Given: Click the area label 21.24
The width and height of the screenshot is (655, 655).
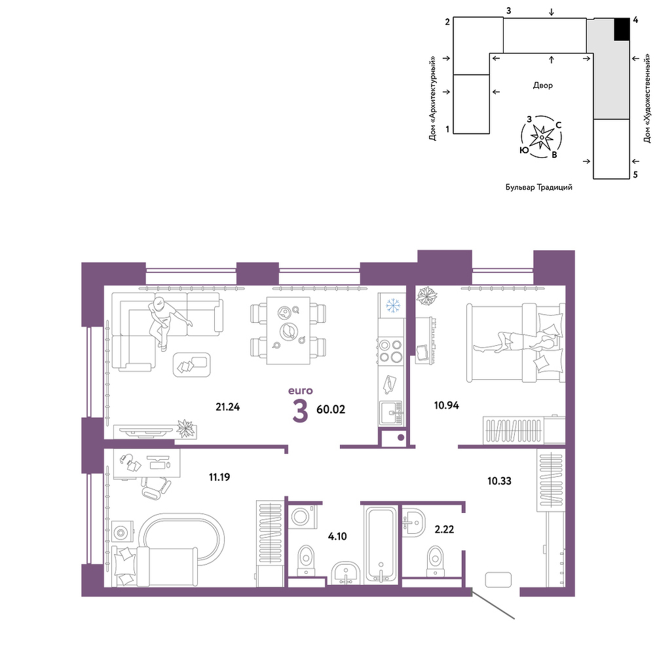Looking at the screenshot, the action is click(228, 407).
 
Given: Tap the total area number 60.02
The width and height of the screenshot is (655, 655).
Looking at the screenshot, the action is click(331, 409).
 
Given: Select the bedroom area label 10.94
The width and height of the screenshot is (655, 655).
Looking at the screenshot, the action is click(447, 405).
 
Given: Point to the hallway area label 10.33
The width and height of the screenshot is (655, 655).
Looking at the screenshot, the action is click(499, 481).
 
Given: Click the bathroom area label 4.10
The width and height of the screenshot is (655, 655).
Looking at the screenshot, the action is click(337, 536).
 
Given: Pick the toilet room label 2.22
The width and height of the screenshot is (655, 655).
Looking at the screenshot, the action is click(444, 529).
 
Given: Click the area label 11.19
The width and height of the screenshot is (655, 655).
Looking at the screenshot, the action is click(219, 477).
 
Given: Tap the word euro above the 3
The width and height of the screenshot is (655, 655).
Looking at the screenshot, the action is click(301, 390).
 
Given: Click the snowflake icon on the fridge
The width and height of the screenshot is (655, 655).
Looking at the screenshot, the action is click(392, 305).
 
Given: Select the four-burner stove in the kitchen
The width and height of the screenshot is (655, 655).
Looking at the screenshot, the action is click(390, 351).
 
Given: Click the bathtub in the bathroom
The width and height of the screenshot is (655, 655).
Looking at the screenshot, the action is click(381, 545).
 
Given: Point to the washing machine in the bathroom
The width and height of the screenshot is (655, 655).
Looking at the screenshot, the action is click(302, 517).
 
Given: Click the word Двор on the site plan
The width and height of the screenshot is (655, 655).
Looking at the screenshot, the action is click(542, 85).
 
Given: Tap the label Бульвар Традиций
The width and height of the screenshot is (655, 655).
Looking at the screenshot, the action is click(539, 187).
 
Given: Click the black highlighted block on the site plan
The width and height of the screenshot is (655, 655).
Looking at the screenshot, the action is click(622, 29).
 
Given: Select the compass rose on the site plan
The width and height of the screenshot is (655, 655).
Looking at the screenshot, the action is click(542, 137).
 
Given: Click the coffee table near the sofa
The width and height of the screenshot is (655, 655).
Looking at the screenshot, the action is click(192, 364).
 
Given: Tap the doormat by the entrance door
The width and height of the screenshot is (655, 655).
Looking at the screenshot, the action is click(498, 580).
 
